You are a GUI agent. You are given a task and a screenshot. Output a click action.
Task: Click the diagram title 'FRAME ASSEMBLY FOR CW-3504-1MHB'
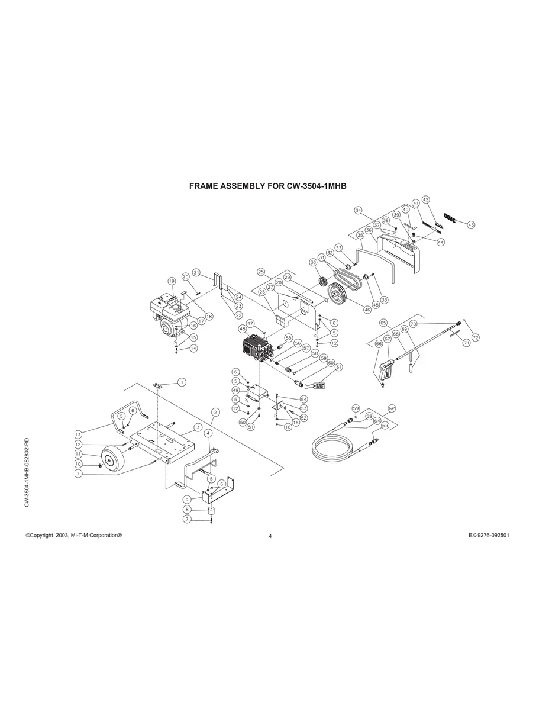coord(267,186)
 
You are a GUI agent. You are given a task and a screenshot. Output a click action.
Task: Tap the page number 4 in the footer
coord(270,537)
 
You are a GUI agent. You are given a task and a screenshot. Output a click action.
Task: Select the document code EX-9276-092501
coord(489,535)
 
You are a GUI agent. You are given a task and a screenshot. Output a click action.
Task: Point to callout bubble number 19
coord(172,281)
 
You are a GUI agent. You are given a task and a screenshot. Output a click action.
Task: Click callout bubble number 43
coord(471,225)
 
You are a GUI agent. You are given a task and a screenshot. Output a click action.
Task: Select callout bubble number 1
coord(182,382)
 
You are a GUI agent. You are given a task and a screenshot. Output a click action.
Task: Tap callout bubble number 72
coord(476,337)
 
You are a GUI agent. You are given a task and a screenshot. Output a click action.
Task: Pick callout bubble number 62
coord(392,408)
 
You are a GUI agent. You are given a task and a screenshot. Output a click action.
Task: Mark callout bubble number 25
coord(261,272)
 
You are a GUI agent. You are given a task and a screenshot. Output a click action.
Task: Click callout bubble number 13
coord(78,433)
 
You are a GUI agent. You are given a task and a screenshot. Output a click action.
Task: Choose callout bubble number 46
coord(367,310)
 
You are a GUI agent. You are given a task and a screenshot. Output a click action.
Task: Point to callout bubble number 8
coord(188,509)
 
